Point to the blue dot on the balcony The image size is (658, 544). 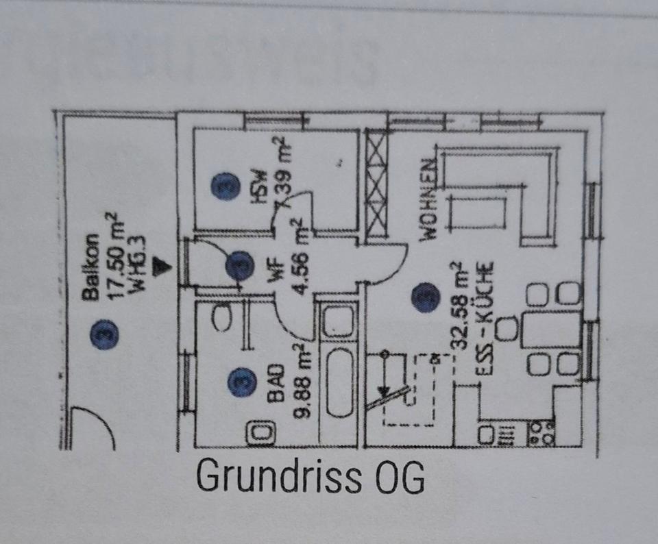click(x=105, y=334)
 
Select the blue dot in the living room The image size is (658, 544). click(x=425, y=298)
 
